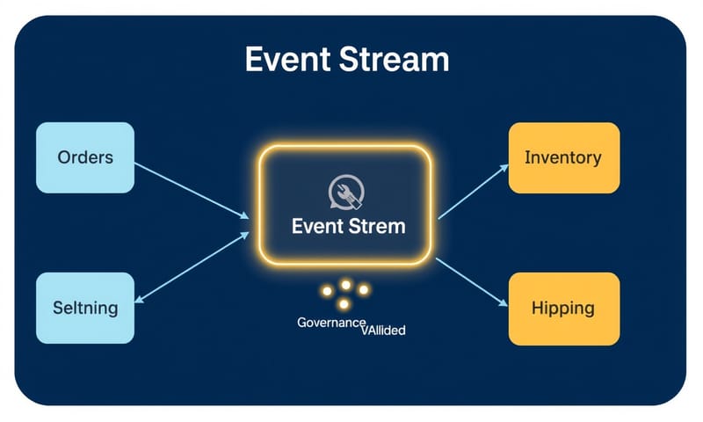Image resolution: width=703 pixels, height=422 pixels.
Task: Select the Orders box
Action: (x=85, y=158)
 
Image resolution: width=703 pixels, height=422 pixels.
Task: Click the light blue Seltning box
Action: (x=85, y=308)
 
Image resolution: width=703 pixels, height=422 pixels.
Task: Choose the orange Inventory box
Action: (x=563, y=158)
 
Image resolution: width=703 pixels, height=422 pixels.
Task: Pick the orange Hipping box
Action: (x=563, y=308)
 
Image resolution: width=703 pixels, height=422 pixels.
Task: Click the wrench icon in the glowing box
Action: (x=342, y=193)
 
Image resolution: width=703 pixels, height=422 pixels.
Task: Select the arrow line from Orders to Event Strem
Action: (x=189, y=188)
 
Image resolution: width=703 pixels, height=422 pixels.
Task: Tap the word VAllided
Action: (x=384, y=331)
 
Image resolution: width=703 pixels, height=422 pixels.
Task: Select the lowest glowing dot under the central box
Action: (x=344, y=304)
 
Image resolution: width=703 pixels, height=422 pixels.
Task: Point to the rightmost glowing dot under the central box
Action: (x=362, y=288)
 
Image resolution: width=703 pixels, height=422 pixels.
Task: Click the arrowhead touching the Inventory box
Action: (x=504, y=165)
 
